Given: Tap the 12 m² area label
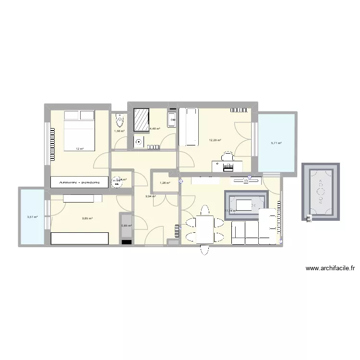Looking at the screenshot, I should (79, 149).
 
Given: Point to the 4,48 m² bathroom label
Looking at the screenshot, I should (155, 129).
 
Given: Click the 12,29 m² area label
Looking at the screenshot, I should (215, 140).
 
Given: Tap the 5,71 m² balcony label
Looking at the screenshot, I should (276, 143).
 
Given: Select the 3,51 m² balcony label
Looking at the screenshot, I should (32, 216).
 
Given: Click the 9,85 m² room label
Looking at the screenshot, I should (87, 218).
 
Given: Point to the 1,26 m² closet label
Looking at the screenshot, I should (165, 183).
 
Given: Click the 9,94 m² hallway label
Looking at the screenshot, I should (151, 196).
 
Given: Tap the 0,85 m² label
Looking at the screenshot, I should (126, 226).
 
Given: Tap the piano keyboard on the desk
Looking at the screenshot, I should (227, 167).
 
